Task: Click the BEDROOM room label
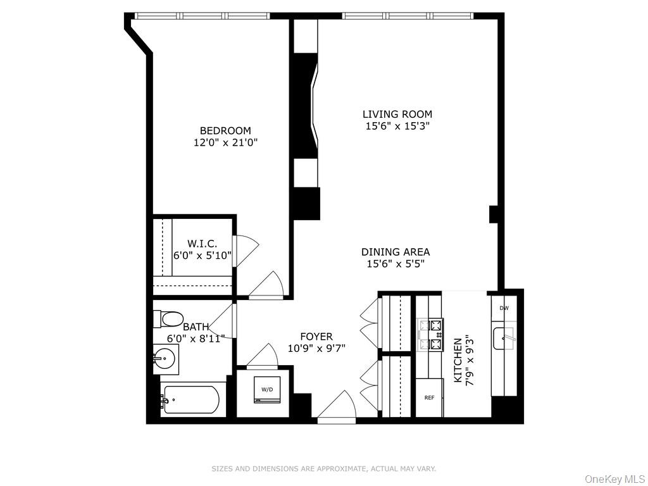tap(225, 131)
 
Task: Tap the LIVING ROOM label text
tap(397, 115)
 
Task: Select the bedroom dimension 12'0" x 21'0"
tap(225, 143)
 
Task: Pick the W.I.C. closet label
tap(202, 244)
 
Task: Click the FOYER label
tap(316, 337)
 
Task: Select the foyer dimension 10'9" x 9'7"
tap(316, 348)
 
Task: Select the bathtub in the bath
tap(190, 400)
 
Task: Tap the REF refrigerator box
tap(429, 398)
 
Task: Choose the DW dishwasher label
tap(504, 308)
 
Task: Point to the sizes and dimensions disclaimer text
tap(323, 469)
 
